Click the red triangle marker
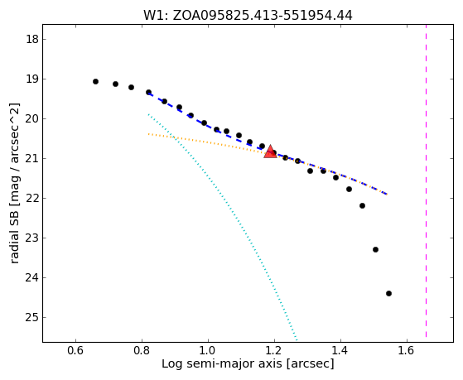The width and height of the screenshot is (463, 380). pos(270,152)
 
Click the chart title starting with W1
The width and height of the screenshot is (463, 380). pos(248,16)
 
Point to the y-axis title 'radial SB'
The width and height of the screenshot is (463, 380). pos(14,183)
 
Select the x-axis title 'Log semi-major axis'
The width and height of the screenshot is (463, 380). pos(248,363)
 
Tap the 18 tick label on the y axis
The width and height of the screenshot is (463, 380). pos(32,39)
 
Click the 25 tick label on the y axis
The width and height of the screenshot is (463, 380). pos(32,317)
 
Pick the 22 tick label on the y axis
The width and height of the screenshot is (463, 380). pos(32,198)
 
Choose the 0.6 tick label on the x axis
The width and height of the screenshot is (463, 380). pos(75,350)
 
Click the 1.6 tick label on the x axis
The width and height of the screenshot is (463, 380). pos(407,350)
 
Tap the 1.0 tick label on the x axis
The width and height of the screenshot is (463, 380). pos(208,350)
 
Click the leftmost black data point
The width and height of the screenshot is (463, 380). pos(95,81)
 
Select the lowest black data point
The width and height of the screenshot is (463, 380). pos(388,294)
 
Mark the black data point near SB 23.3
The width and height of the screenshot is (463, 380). pos(375,250)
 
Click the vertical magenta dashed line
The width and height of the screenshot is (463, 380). pos(426,181)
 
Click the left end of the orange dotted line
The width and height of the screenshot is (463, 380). pos(148,134)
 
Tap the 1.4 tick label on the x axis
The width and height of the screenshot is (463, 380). pos(340,350)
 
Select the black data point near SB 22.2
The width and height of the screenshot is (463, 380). pos(362,206)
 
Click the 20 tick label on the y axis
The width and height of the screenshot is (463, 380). pos(32,118)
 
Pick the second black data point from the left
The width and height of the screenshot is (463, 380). pos(115,84)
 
